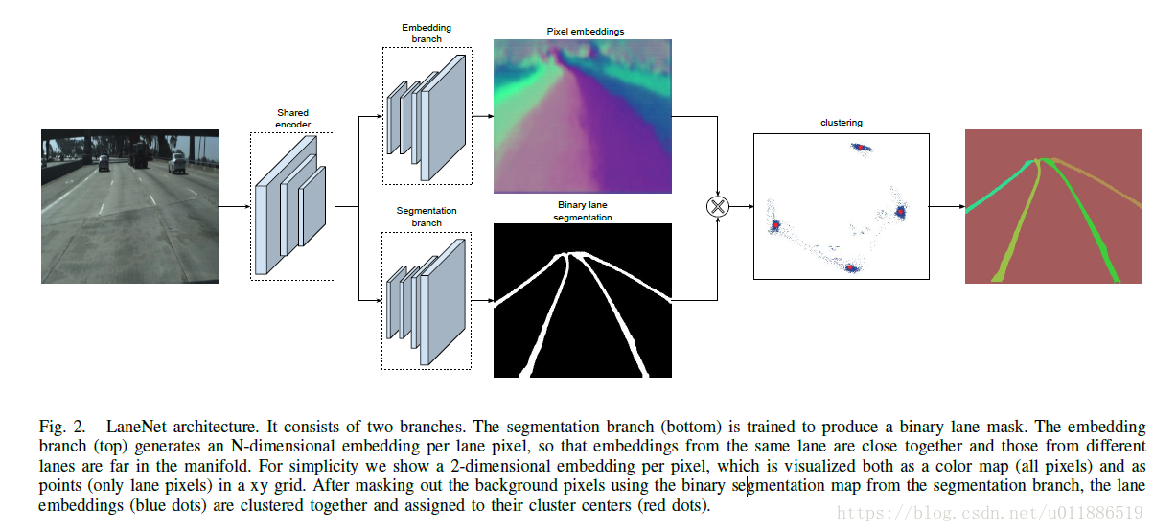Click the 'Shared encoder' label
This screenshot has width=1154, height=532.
coord(292,119)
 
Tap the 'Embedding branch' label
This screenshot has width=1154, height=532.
coord(427,35)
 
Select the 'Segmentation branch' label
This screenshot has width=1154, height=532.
coord(427,217)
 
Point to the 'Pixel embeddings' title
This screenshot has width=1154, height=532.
coord(585,32)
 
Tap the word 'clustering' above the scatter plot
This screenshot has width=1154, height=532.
coord(841,123)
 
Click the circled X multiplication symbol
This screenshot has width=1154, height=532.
coord(717,207)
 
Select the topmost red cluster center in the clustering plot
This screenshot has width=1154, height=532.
coord(860,148)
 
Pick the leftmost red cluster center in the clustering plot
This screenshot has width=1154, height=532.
coord(775,226)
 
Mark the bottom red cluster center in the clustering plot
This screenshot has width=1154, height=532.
coord(849,268)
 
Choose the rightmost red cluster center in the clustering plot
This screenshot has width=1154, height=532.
coord(900,212)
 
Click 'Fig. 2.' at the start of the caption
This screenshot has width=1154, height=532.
coord(63,426)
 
